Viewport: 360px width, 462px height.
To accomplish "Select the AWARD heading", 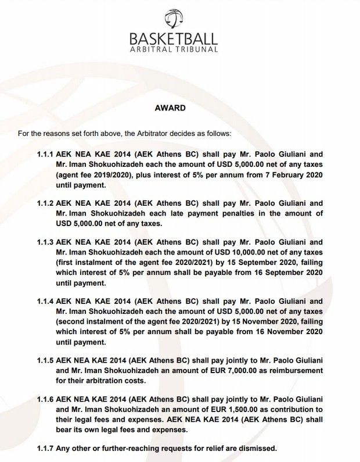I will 170,108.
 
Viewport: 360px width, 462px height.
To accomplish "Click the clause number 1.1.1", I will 45,155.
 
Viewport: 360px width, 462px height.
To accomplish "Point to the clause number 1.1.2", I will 45,203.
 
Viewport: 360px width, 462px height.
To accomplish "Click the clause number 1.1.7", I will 45,447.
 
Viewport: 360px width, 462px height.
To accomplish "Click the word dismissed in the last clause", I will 255,447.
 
